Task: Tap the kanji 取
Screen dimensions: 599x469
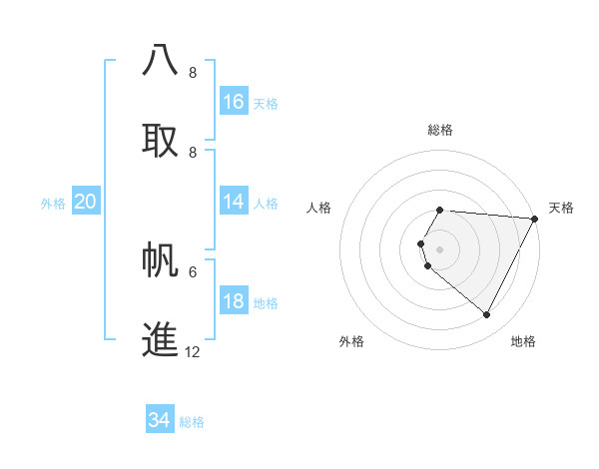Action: (x=161, y=139)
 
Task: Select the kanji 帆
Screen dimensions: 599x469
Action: (x=161, y=258)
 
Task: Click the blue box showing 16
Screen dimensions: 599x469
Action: (x=234, y=102)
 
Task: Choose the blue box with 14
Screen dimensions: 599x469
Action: (x=234, y=202)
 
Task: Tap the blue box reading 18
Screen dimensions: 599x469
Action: (x=234, y=301)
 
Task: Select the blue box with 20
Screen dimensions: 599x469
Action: (x=86, y=202)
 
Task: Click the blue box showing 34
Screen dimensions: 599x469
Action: (x=160, y=420)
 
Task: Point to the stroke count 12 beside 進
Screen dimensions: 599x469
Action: (x=192, y=351)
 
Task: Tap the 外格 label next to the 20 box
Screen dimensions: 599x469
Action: (x=53, y=204)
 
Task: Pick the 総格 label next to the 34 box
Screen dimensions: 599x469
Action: (x=192, y=422)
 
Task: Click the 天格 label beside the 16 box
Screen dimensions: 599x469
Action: (x=266, y=104)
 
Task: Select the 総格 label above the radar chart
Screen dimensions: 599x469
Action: (x=440, y=130)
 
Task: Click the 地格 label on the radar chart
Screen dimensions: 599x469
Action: (x=523, y=341)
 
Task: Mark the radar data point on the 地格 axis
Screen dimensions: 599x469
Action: (x=487, y=314)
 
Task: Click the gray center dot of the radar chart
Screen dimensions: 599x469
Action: (x=439, y=248)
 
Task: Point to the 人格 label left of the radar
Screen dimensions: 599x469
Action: (x=318, y=208)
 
